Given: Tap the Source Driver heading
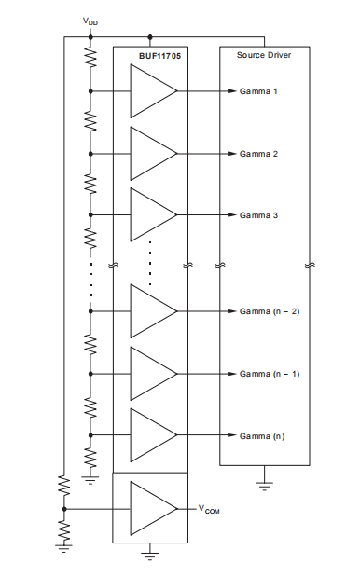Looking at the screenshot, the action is (x=265, y=56).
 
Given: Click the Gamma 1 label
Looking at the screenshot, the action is (x=259, y=91).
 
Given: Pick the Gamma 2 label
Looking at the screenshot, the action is (x=259, y=153).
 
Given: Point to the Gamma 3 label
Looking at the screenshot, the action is (x=259, y=214).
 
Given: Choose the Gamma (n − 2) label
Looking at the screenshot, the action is (x=270, y=310).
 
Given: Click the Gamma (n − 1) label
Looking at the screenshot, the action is (x=270, y=373).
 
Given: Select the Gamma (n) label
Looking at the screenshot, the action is (x=263, y=435).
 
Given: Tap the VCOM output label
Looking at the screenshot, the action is (x=209, y=509).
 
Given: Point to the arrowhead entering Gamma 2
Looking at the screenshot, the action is (x=230, y=153).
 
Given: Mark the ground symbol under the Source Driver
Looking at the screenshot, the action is (x=264, y=483).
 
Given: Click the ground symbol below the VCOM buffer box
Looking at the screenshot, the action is (x=149, y=557).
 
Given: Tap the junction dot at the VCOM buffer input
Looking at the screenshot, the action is (x=63, y=509).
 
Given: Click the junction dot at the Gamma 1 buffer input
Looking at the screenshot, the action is (x=90, y=91).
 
